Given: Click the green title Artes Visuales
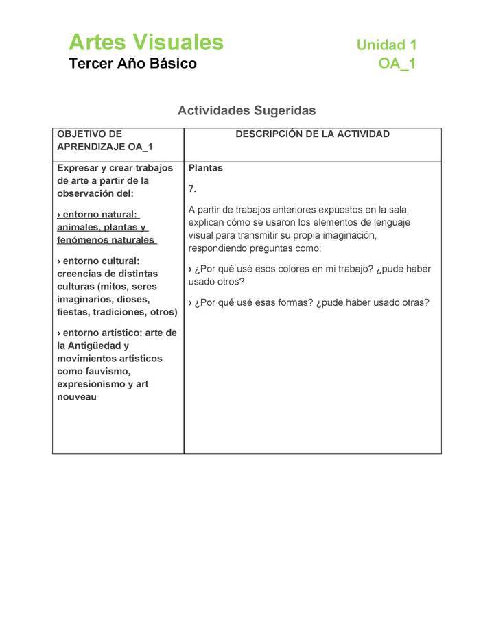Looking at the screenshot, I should click(x=146, y=43).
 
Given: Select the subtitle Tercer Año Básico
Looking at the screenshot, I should click(x=132, y=64).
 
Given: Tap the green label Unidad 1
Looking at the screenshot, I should click(x=386, y=45).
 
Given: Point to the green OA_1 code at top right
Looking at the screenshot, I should click(x=397, y=64).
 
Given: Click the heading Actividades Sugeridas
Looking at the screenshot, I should click(x=247, y=110).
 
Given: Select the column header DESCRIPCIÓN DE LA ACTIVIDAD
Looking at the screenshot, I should click(x=312, y=134).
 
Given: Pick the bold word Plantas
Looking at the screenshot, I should click(x=206, y=168).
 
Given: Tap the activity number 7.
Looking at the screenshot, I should click(x=192, y=189).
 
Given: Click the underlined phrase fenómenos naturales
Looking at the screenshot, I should click(x=106, y=240).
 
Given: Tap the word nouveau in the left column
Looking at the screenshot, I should click(x=77, y=397).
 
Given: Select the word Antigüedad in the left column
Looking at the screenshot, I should click(x=93, y=346).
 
